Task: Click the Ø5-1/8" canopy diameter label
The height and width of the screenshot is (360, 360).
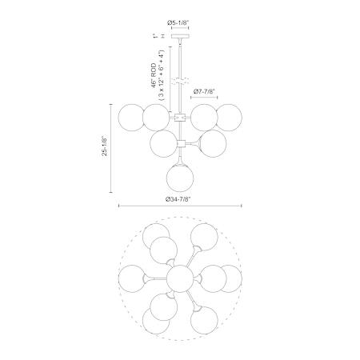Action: pos(178,23)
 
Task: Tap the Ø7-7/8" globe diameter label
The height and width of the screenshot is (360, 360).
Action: pos(204,92)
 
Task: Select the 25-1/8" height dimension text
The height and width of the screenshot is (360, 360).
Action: pos(104,146)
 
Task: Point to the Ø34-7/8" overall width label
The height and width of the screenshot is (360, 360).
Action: pos(178,199)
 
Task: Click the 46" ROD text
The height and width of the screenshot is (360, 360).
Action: pos(154,75)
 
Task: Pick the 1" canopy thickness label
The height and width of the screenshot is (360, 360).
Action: pos(154,36)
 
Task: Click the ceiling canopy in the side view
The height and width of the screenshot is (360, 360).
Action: pos(180,36)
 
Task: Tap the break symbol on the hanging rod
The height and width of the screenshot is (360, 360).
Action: pos(180,82)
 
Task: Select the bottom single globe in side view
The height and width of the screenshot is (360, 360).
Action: pos(180,177)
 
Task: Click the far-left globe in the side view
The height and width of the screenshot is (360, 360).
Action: pos(131,118)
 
